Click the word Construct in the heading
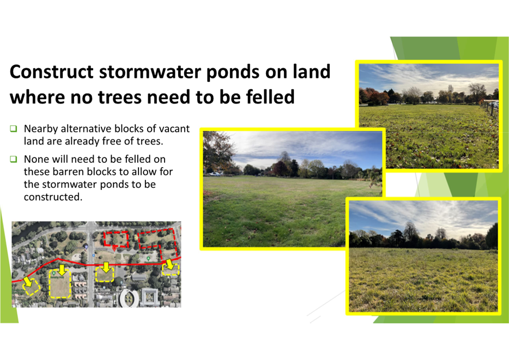point(52,72)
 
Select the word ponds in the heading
point(233,72)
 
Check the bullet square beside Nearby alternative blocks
point(13,129)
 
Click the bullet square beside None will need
point(13,159)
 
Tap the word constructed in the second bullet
point(53,197)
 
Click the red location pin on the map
point(114,248)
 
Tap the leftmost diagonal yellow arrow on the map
point(28,282)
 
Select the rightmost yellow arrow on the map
point(169,264)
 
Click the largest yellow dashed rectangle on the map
point(60,283)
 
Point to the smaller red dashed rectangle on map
point(116,239)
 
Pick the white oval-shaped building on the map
point(129,298)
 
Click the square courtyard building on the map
point(149,297)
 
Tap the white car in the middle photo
point(215,174)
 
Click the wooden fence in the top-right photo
point(489,108)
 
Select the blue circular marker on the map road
point(86,247)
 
